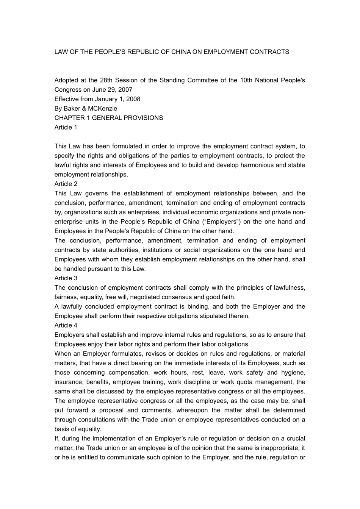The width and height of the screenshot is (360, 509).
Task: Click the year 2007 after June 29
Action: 125,90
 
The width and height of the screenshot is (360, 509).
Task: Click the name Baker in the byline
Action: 72,109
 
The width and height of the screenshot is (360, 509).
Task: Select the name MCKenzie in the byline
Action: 102,109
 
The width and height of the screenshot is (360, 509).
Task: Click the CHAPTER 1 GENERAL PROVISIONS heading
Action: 109,118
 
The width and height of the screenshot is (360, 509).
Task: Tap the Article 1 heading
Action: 66,127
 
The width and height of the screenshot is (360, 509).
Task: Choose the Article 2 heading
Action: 66,184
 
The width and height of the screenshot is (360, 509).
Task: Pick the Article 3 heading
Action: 66,278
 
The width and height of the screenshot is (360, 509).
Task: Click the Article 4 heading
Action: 66,325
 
